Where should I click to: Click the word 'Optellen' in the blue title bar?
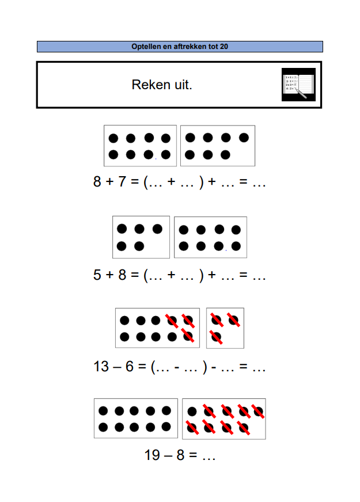(x=146, y=47)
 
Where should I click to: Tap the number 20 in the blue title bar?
(x=224, y=47)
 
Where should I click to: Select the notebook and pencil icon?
(x=298, y=85)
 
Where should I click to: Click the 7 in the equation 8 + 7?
(x=122, y=181)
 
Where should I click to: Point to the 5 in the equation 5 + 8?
(x=97, y=275)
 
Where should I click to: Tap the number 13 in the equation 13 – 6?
(x=101, y=367)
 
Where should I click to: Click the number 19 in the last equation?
(x=152, y=455)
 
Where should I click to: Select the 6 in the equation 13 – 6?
(x=130, y=367)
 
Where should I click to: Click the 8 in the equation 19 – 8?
(x=180, y=455)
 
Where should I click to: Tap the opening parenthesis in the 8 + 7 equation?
(x=146, y=182)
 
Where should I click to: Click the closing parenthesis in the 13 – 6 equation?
(x=204, y=367)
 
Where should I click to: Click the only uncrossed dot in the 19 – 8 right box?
(x=192, y=412)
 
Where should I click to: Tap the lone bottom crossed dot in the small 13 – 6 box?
(x=216, y=337)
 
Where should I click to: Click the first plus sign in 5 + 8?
(x=110, y=275)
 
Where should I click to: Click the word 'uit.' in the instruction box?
(x=183, y=85)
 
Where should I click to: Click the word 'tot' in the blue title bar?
(x=213, y=47)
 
